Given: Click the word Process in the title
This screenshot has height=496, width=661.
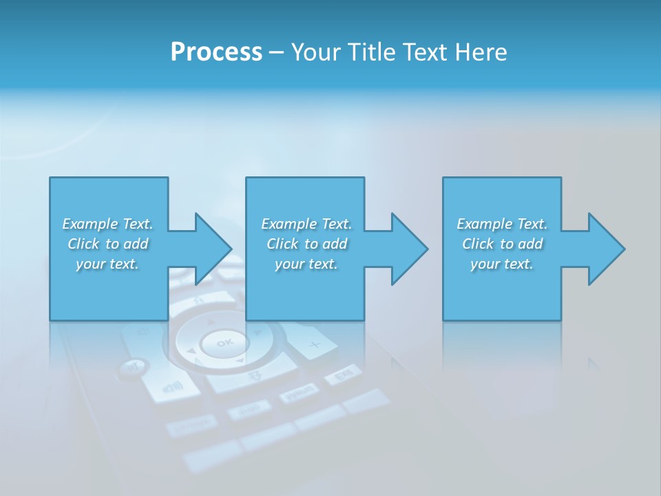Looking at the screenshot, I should pos(216,52).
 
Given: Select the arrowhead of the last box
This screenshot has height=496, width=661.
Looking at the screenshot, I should pos(605,249).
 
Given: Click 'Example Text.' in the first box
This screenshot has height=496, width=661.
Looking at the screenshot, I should pos(107,224).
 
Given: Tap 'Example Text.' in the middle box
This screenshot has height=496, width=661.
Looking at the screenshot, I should pos(306,224).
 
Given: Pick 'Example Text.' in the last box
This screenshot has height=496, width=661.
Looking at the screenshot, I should pos(502,224).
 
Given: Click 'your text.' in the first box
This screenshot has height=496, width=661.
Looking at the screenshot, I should pos(107,264).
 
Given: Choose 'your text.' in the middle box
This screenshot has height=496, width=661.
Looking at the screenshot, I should pos(306,264).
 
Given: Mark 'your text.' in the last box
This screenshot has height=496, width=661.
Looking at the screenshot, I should pos(502,264).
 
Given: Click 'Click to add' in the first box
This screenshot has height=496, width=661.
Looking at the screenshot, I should pos(107,244).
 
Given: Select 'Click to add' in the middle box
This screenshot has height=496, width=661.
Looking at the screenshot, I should pos(306,244).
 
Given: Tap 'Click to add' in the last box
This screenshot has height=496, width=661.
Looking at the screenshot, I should pos(502,244).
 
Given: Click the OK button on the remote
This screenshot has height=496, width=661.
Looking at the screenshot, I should pos(224,342).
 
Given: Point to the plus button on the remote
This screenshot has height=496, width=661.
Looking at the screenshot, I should pos(315,344).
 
